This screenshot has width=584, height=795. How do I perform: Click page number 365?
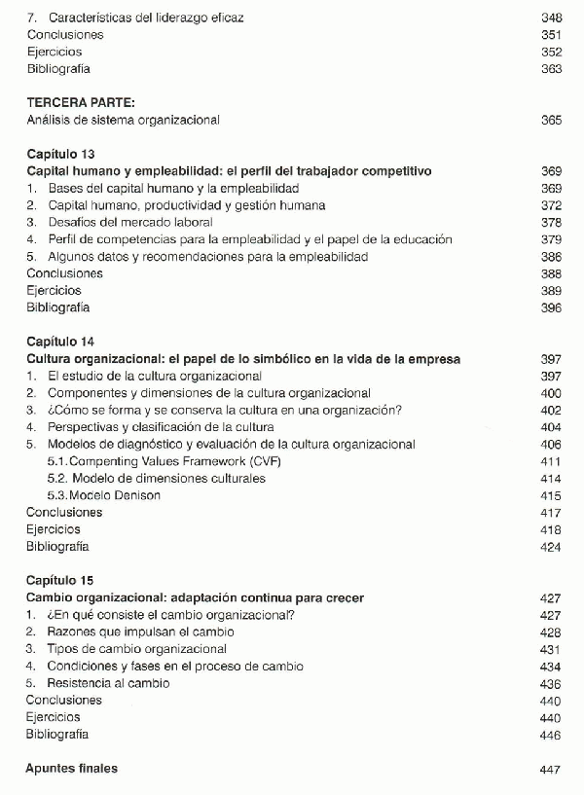coord(551,120)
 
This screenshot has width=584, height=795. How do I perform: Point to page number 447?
coord(551,769)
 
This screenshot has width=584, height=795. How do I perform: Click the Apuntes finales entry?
coord(72,769)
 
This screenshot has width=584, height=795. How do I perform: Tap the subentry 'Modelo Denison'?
coord(105,495)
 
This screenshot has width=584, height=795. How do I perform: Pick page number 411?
coord(551,461)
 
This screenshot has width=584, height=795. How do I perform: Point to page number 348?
coord(551,18)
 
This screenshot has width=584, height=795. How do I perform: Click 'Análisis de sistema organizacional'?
coord(124,120)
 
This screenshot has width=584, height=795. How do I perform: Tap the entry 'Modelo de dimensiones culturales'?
coord(157,479)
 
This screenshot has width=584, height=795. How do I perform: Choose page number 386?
coord(551,257)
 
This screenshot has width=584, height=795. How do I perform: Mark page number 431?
coord(551,649)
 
